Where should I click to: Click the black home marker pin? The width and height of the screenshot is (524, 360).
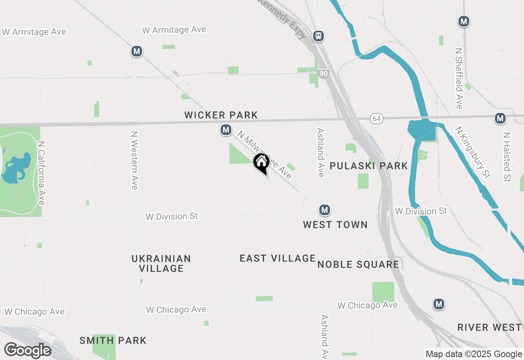click(261, 163)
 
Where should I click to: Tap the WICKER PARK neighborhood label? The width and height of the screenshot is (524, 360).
click(221, 115)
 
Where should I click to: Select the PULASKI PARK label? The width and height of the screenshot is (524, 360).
click(368, 166)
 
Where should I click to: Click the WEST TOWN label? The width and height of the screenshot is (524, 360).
click(335, 225)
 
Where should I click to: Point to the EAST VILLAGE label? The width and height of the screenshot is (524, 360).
click(278, 258)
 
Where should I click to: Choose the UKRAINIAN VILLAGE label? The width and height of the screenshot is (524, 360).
click(161, 263)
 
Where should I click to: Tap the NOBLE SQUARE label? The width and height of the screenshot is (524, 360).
click(358, 264)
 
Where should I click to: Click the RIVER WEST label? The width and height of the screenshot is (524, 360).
click(490, 327)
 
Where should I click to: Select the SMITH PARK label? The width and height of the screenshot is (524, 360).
click(113, 340)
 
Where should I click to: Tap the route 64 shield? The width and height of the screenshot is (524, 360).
click(377, 119)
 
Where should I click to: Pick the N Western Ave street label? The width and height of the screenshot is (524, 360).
click(133, 160)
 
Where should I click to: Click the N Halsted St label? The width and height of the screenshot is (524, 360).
click(507, 157)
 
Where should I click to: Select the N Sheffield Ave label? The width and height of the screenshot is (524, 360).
click(458, 79)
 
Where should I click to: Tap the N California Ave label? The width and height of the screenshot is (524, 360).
click(41, 173)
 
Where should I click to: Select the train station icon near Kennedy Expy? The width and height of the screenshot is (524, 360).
click(318, 36)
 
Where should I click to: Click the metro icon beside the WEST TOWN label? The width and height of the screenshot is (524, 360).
click(325, 210)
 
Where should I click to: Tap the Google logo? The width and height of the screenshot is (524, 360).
click(27, 350)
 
